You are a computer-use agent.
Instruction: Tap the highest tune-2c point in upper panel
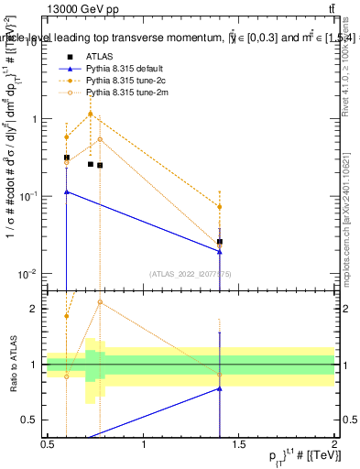tap(90, 115)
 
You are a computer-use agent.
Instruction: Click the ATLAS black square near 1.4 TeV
tap(220, 242)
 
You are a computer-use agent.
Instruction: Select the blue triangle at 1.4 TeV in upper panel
tap(220, 251)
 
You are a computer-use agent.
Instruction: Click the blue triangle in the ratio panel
tap(220, 388)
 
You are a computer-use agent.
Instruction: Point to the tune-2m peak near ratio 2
tap(100, 302)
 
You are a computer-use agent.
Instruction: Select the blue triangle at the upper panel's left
tap(67, 192)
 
